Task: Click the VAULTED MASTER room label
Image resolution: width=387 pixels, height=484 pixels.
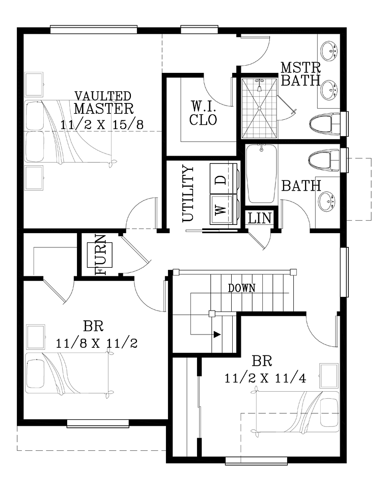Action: [x=104, y=103]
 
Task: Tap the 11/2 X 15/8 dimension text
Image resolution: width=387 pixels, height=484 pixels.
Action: [x=102, y=125]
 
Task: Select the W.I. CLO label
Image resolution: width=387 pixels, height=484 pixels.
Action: [x=203, y=113]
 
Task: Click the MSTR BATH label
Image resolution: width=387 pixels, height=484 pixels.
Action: [x=301, y=74]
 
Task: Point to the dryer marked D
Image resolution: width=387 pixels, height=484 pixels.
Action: [x=224, y=179]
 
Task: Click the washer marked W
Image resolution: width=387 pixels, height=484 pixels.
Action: [x=224, y=210]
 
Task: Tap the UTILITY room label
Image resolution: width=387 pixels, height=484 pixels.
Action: [x=188, y=193]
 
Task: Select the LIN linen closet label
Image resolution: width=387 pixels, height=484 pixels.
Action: [x=260, y=218]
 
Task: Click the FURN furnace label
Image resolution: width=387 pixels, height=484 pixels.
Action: [x=101, y=254]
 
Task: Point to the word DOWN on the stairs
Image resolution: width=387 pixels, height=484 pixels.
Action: [x=241, y=288]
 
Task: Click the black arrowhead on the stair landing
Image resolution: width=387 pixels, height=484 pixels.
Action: [x=217, y=334]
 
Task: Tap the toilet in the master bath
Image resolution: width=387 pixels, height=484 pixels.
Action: [x=325, y=124]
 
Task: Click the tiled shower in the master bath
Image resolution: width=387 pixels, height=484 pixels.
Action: [x=259, y=108]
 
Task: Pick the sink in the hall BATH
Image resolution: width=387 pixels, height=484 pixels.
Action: [x=328, y=202]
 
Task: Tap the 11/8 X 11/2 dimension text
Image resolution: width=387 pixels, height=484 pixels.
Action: [x=96, y=343]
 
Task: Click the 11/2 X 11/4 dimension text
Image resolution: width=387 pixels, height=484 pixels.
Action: [x=265, y=378]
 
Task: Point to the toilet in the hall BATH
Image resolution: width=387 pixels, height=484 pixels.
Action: [x=324, y=160]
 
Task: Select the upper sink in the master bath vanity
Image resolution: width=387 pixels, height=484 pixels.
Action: [x=329, y=51]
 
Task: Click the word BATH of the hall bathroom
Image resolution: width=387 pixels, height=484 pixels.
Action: [x=301, y=186]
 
